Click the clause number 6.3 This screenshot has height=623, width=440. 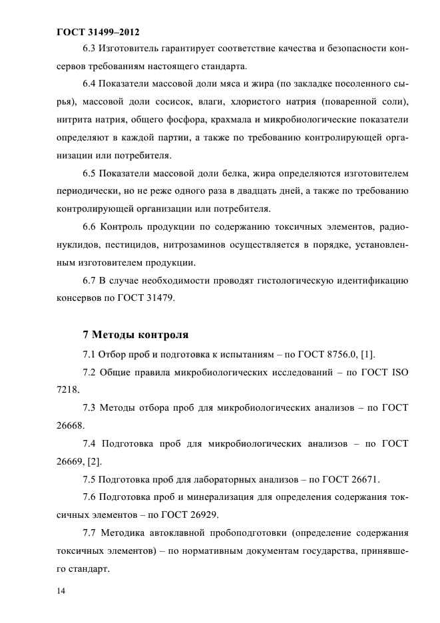89,49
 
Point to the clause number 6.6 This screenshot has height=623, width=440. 89,228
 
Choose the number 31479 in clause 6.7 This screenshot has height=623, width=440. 159,299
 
